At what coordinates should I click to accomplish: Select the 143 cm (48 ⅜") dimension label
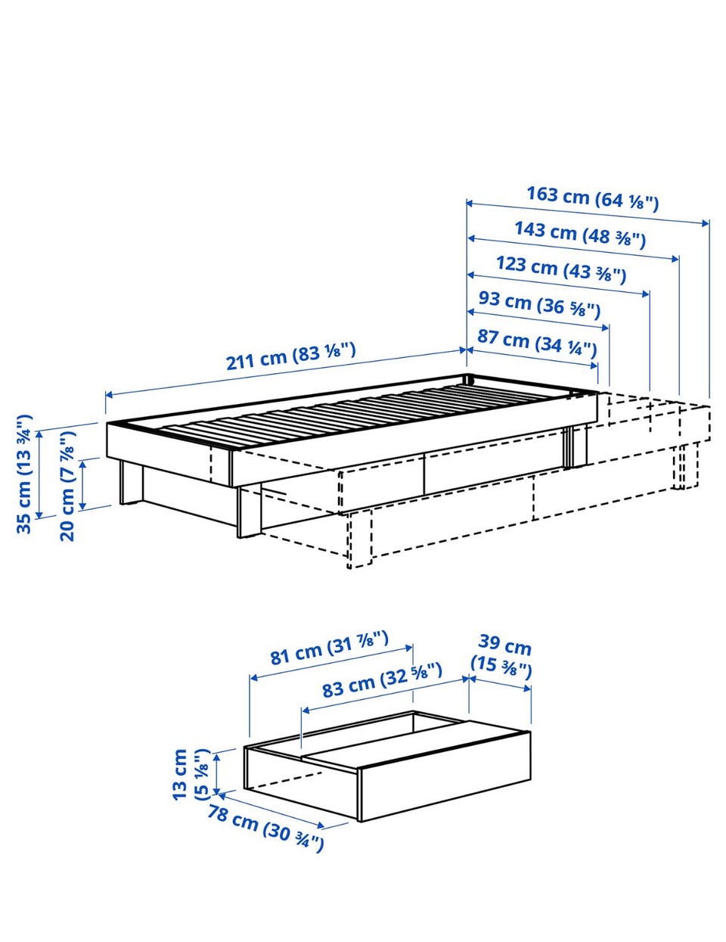[x=579, y=235]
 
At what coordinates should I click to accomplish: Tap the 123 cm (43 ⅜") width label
[x=561, y=269]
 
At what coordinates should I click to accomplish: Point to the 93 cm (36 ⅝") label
[x=539, y=304]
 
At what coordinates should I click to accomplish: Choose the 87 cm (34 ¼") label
[x=537, y=342]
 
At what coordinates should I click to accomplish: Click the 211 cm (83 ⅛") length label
[x=290, y=356]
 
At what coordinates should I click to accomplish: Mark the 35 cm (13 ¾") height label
[x=24, y=474]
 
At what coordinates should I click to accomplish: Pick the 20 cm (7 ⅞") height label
[x=67, y=485]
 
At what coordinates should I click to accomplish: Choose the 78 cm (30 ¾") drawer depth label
[x=265, y=829]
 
